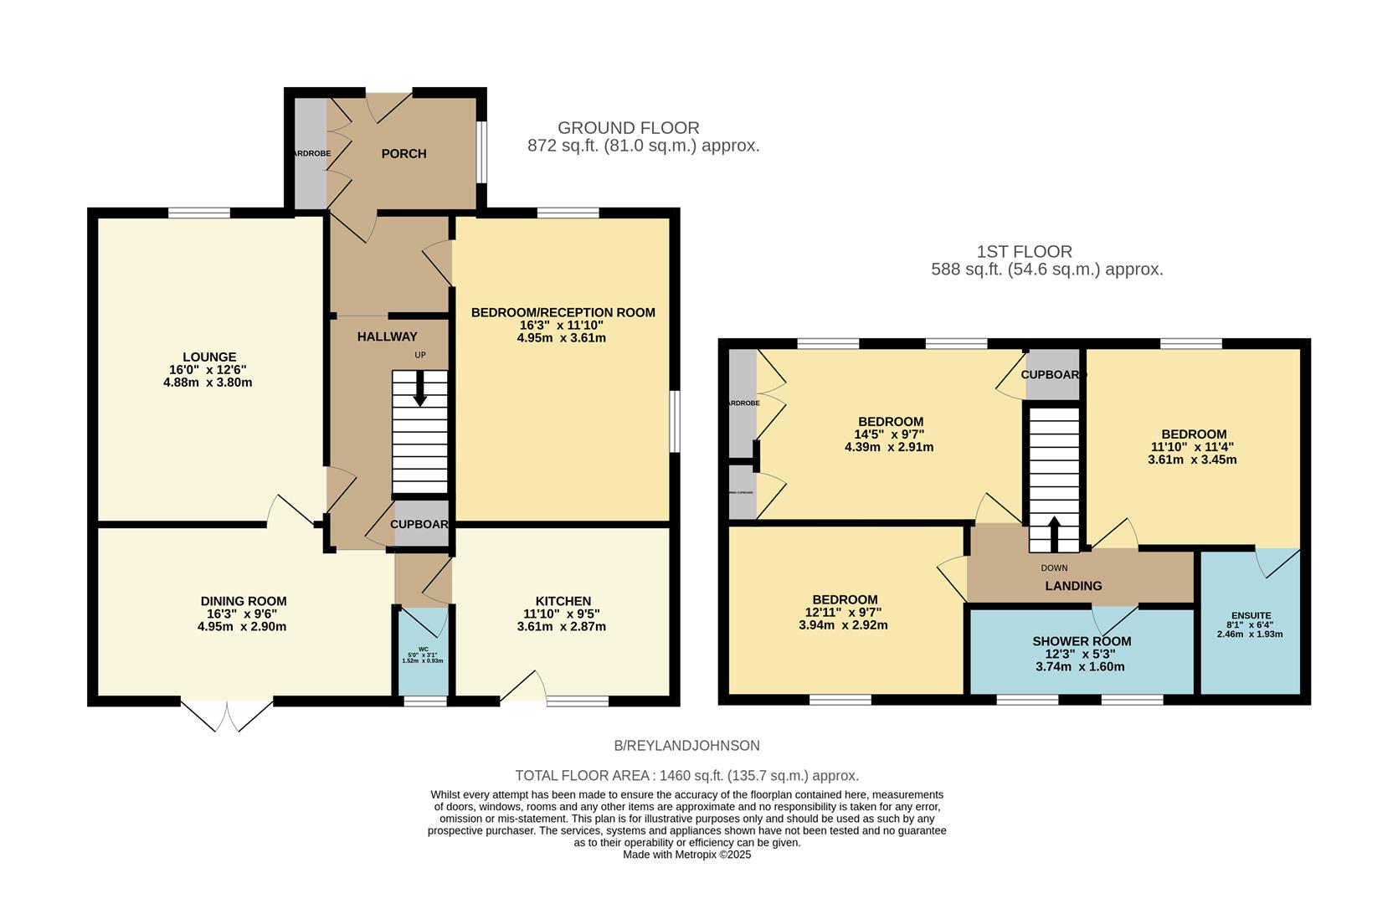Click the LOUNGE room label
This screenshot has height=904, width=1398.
209,357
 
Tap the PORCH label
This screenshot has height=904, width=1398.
403,154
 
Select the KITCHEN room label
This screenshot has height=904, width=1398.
563,601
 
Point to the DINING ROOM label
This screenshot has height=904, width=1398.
244,601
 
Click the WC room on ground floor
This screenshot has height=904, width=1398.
423,652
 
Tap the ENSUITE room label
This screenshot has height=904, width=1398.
1250,615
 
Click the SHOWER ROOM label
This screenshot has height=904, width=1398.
1081,641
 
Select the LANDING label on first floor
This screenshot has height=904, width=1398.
1073,586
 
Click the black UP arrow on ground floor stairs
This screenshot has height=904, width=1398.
420,390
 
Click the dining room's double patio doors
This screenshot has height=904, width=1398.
227,715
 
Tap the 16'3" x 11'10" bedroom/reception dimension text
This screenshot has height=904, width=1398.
562,326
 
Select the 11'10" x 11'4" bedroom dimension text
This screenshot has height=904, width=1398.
1194,447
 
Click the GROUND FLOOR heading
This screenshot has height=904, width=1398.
628,128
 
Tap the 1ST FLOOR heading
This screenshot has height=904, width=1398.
1024,251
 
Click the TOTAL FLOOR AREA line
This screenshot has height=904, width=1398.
686,776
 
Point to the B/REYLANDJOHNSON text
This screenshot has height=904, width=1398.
686,746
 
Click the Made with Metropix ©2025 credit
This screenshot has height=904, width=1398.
686,855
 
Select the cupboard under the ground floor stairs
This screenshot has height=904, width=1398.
421,525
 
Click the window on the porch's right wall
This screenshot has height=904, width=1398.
481,152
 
